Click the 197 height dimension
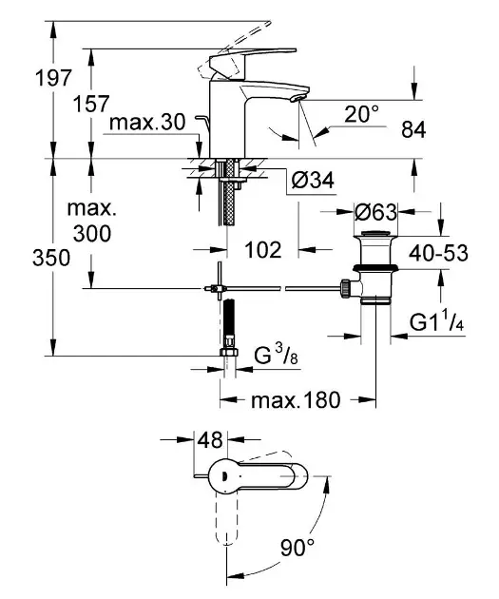coord(53,78)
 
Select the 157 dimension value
coord(91,104)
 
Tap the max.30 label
coord(147,123)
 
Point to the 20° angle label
coord(361,114)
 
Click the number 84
coord(413,129)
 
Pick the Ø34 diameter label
coord(313,180)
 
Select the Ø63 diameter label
coord(375,212)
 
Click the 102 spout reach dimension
coord(263,250)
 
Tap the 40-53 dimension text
coord(438,253)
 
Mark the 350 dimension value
coord(51,258)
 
